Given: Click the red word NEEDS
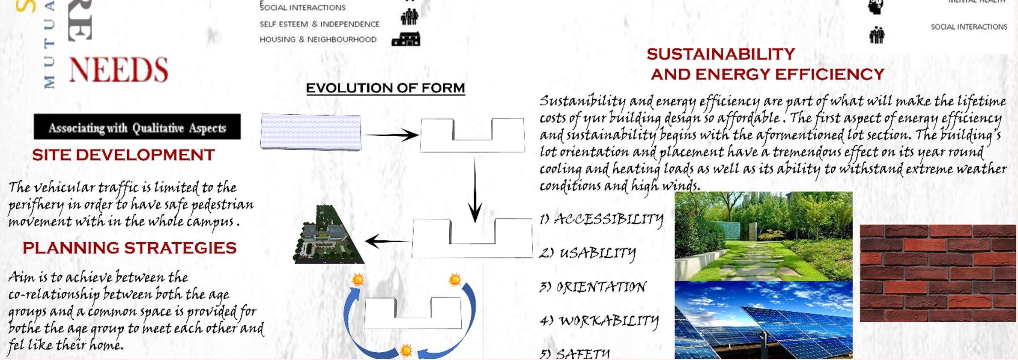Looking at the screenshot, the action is tap(119, 70).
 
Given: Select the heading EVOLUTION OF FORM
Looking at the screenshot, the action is tap(385, 88).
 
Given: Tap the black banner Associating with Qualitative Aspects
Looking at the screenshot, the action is tap(137, 127).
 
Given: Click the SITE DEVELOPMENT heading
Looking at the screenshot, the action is tap(123, 155).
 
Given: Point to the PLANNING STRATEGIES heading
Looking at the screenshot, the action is tap(129, 248).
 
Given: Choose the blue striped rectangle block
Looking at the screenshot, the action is tap(311, 132).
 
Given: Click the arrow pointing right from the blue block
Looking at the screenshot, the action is tap(390, 135).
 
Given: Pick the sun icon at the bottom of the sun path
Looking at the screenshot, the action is tap(406, 351).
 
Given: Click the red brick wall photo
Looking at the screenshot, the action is tap(937, 273).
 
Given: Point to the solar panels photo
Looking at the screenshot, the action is tap(763, 320).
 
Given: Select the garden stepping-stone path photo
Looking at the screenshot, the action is tap(763, 236).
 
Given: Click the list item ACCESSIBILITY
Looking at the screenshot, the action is tap(602, 220).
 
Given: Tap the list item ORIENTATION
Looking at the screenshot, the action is tap(594, 287).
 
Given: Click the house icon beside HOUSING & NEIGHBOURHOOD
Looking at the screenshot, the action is tap(406, 39).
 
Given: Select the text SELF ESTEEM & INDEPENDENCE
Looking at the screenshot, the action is tap(319, 24).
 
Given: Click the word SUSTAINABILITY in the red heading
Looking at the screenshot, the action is tap(721, 54).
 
